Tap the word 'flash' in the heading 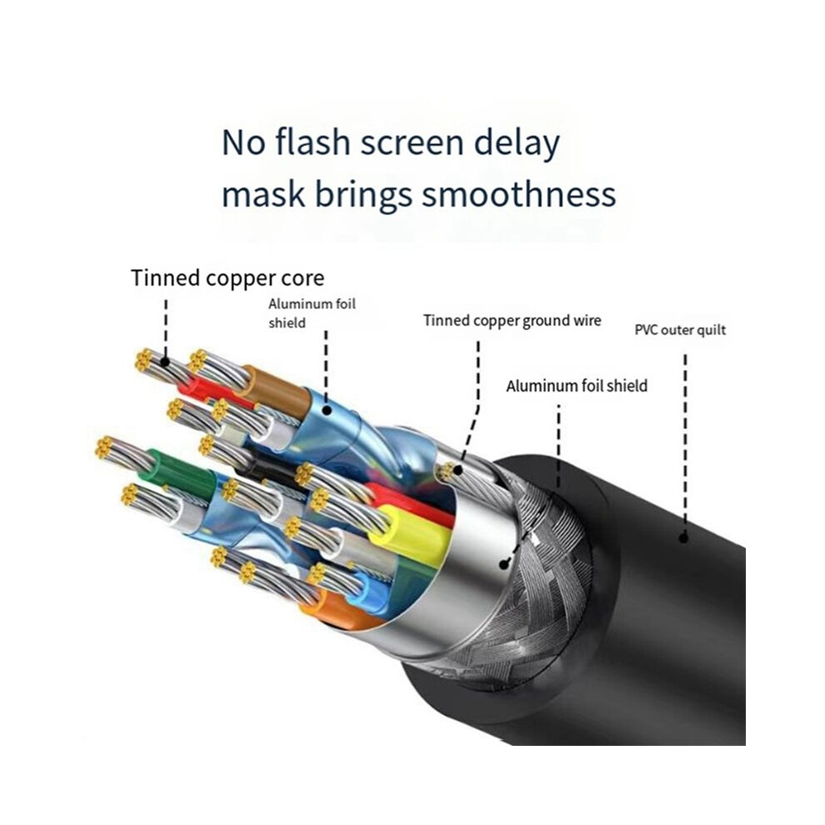tap(313, 142)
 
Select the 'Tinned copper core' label tap(227, 277)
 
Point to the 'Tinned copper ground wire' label tap(512, 321)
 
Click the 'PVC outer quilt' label tap(680, 330)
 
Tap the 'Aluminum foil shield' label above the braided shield tap(577, 386)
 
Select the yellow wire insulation tap(410, 533)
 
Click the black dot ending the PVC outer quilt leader tap(683, 537)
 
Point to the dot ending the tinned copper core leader tap(165, 362)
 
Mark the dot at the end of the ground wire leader tap(458, 469)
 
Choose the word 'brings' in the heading tap(363, 196)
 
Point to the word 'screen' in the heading tap(412, 145)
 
